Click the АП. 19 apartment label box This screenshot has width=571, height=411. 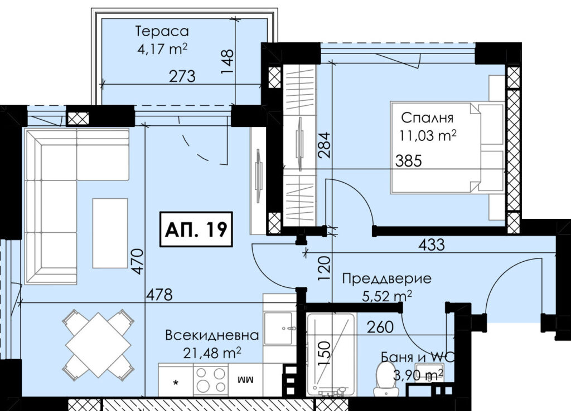coord(196,229)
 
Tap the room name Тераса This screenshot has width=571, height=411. coord(162,31)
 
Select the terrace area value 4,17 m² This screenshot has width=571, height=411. coord(162,49)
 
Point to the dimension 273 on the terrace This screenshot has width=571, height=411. coord(182,76)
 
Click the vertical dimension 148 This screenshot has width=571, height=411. coord(228,61)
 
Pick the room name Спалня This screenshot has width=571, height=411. coord(427,118)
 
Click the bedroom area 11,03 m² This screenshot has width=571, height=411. coord(428,136)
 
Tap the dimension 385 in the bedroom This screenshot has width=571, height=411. coord(409,160)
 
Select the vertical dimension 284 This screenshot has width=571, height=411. coord(325,144)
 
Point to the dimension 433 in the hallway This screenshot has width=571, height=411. coord(432,244)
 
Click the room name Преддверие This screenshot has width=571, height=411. coord(387,279)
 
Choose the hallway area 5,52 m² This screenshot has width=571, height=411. coord(387,296)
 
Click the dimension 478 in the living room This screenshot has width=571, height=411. coord(159,295)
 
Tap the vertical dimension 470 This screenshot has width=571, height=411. coord(138,261)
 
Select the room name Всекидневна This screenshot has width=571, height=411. coord(212,335)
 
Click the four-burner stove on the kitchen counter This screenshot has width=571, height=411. coord(211,379)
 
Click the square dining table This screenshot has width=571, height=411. coord(98,345)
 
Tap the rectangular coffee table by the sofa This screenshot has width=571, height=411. coord(110,233)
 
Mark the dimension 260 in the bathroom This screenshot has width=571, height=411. coord(380,327)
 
